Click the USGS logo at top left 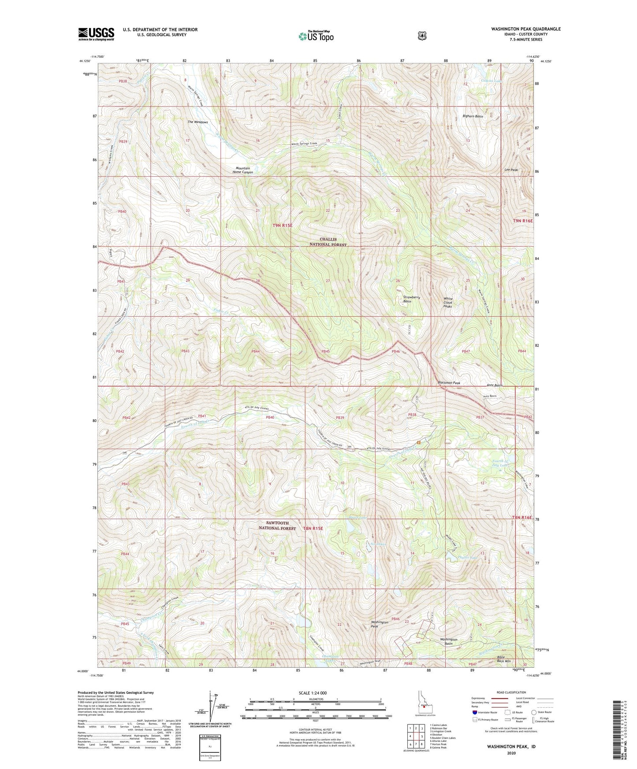point(96,34)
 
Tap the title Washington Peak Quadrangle point(526,29)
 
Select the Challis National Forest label point(328,242)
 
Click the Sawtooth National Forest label point(277,525)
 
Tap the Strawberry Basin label point(413,299)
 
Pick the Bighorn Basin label point(473,116)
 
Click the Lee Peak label point(511,170)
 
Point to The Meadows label point(197,122)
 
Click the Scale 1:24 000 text point(314,693)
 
